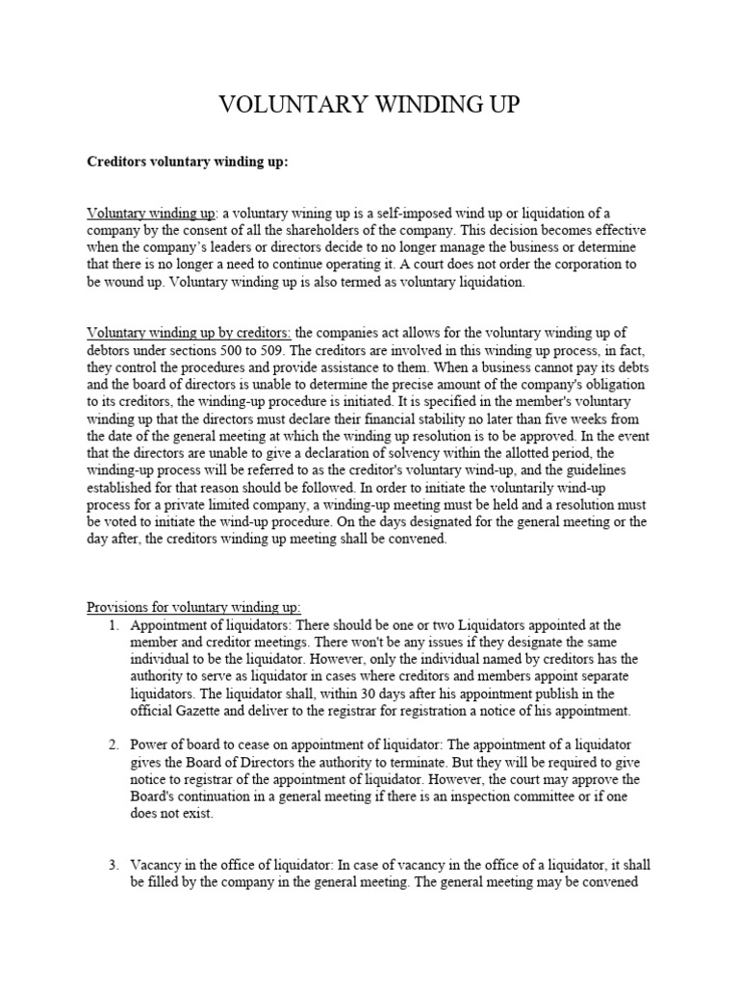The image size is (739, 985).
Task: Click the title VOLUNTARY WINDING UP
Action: [369, 106]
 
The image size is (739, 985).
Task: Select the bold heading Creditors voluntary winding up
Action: [188, 162]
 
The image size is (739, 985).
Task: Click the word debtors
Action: [111, 350]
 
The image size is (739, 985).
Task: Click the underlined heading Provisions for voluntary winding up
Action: [193, 607]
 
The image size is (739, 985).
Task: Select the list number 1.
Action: [113, 624]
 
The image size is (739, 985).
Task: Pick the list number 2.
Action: [113, 745]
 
